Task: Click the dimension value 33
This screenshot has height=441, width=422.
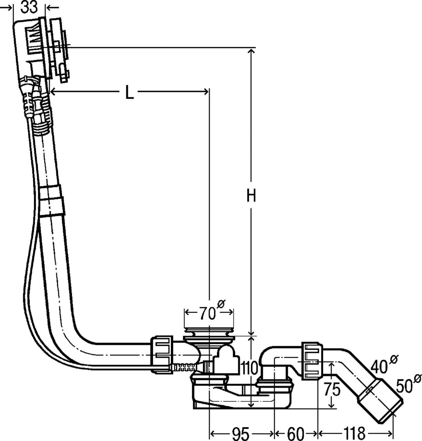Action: point(29,7)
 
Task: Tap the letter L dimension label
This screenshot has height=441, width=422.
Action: point(129,92)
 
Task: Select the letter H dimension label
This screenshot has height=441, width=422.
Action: point(251,196)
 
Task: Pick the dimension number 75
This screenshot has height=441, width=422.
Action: point(332,390)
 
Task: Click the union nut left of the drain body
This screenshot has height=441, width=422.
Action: point(162,355)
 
